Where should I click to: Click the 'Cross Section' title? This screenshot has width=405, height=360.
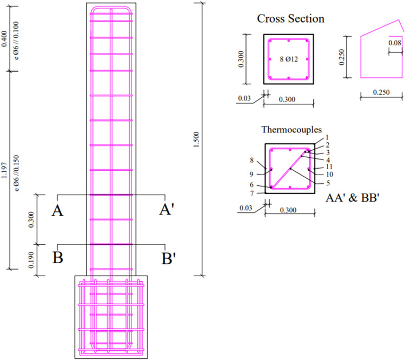(290, 19)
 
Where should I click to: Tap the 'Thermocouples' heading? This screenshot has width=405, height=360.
(291, 130)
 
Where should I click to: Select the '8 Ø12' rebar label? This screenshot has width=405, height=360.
(289, 59)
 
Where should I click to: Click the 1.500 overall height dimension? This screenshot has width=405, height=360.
(197, 139)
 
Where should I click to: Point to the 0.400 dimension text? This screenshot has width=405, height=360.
(4, 39)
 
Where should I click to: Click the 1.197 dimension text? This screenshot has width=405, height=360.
(4, 170)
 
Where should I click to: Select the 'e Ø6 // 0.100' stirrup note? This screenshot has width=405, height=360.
(16, 41)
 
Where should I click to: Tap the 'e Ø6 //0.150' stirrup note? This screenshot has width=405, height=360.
(16, 173)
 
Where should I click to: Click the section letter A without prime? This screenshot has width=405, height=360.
(57, 210)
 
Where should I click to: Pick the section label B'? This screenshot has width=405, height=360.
(168, 258)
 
